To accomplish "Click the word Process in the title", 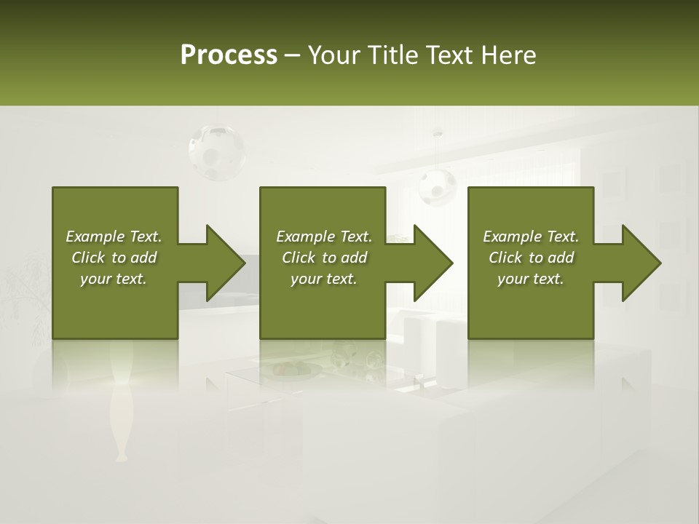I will [x=229, y=55].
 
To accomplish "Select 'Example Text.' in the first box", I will [x=114, y=237].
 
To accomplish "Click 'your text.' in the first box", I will [x=114, y=279].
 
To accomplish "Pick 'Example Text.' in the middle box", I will [x=324, y=237].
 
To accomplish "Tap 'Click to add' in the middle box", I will [x=324, y=258].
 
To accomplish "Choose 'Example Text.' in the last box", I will [x=531, y=237].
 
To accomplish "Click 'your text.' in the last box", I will [x=531, y=279].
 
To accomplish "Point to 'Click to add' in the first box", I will [x=114, y=258].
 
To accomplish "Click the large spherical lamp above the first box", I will [x=216, y=151].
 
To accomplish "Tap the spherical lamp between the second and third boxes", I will [x=437, y=186].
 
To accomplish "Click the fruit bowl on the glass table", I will [x=296, y=370].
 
